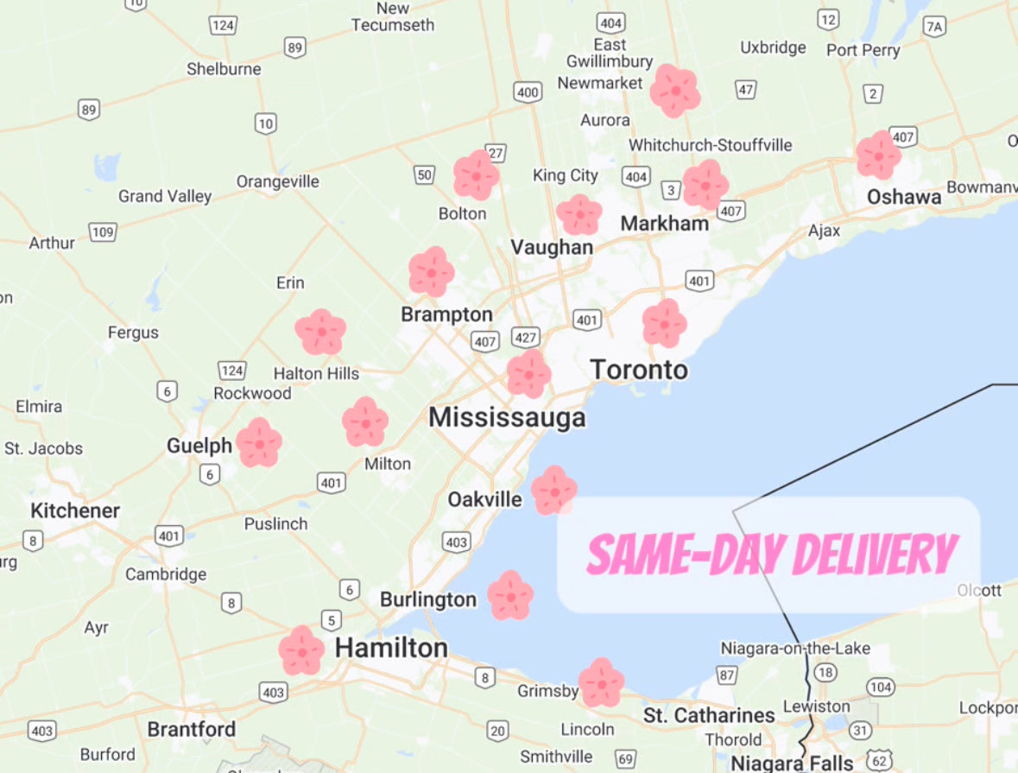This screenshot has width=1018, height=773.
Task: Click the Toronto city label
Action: point(639,371)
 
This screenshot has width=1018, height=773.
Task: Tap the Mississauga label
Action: point(507,418)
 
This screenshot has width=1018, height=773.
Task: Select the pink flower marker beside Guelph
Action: point(259,443)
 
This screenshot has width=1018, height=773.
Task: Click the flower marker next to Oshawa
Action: point(878,156)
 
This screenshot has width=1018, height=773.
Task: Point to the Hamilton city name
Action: point(391,648)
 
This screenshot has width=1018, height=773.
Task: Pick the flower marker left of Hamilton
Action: point(301,650)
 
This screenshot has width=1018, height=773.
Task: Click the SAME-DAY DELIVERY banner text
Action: point(772,554)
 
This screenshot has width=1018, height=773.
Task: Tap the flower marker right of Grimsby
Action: point(601,682)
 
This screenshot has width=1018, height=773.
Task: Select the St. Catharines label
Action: point(709,715)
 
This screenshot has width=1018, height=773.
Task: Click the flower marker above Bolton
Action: point(476,175)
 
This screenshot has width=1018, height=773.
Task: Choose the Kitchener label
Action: point(75,510)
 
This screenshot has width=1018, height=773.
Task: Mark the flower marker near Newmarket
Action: point(674,91)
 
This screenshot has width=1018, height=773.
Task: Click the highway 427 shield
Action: point(525,336)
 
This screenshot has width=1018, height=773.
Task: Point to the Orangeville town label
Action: point(278,181)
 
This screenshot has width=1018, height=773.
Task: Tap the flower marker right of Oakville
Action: point(553,490)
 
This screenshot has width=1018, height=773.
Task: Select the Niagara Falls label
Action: point(792,763)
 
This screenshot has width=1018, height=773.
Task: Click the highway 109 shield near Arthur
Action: point(102,231)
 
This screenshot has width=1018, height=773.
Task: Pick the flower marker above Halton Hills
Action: point(320,332)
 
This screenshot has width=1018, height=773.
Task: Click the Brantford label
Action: point(191,729)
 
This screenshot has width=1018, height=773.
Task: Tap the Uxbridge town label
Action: point(773,48)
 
